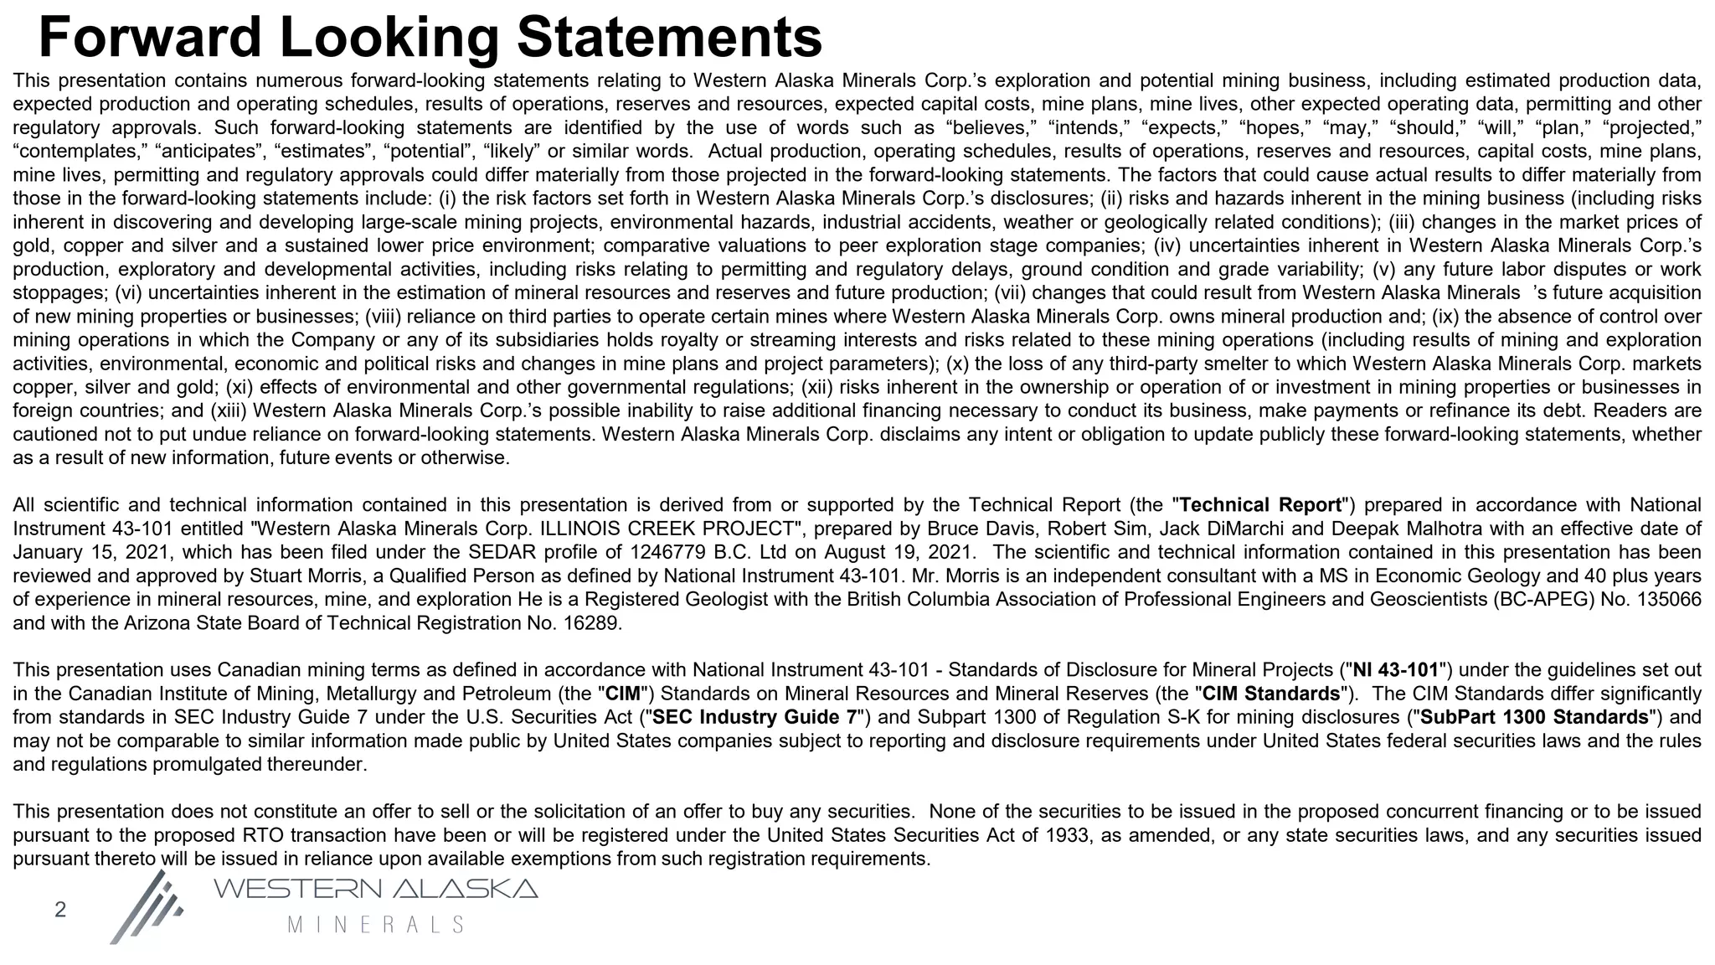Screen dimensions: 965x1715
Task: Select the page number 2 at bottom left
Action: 60,910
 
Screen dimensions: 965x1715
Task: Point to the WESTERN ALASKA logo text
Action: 375,889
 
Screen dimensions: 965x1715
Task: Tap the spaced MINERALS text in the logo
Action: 375,925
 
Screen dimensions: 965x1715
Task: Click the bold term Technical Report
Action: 1260,505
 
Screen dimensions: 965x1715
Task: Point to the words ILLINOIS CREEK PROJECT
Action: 667,529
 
